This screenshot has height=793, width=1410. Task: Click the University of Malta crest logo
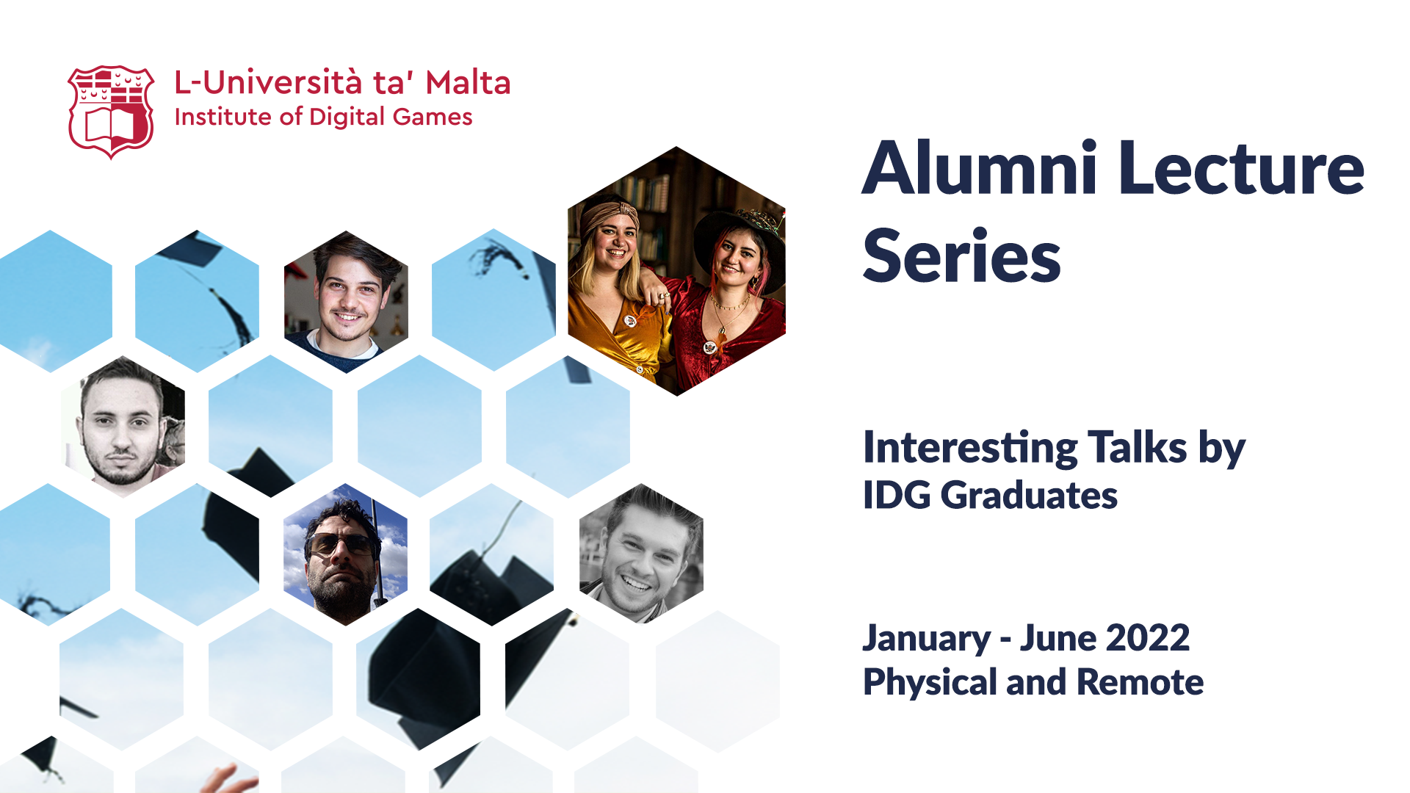(111, 112)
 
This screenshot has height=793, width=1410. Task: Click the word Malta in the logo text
(468, 83)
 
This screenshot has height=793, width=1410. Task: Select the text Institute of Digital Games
(323, 117)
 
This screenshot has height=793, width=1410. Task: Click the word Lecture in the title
(1243, 169)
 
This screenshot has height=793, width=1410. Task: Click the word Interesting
(970, 448)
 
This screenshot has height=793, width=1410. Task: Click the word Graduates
(1029, 495)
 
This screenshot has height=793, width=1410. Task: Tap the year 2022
(1148, 637)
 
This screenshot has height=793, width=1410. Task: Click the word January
(927, 639)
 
